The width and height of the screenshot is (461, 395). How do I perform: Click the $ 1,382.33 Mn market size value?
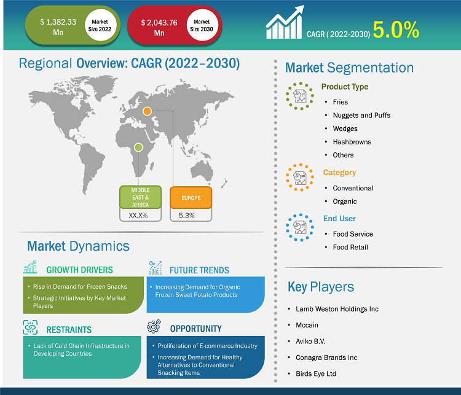coord(58,27)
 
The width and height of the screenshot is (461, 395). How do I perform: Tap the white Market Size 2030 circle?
coord(202,25)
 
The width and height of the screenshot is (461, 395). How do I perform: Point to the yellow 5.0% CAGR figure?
coord(396,30)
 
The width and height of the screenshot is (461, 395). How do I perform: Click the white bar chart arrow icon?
coord(285,22)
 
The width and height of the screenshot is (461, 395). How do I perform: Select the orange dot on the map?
coord(147,111)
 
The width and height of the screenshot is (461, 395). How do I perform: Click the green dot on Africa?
coord(138,147)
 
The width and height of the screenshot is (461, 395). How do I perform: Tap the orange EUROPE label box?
coord(191,198)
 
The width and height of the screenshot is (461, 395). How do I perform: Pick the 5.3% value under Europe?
coord(187,216)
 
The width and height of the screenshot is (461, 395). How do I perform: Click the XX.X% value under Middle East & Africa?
coord(138,216)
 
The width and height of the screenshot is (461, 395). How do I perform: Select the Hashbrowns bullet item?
coord(352,142)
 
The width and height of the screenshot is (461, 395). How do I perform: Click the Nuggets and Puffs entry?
coord(361,115)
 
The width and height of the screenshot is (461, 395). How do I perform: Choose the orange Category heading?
coord(339,173)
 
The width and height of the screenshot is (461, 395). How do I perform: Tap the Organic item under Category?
coord(345,201)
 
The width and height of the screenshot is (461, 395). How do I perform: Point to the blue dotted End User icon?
coord(300,227)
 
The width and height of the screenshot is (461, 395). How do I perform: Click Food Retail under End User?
coord(350,247)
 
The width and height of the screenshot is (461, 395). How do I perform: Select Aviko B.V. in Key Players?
coord(310,341)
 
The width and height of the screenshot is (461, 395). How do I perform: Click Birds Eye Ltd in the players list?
coord(316,373)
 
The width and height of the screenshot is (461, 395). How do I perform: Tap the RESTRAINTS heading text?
coord(69,330)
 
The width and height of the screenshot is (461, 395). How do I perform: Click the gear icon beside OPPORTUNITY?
coord(154,326)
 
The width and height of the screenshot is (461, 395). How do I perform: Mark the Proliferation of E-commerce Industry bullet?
coord(208,346)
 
